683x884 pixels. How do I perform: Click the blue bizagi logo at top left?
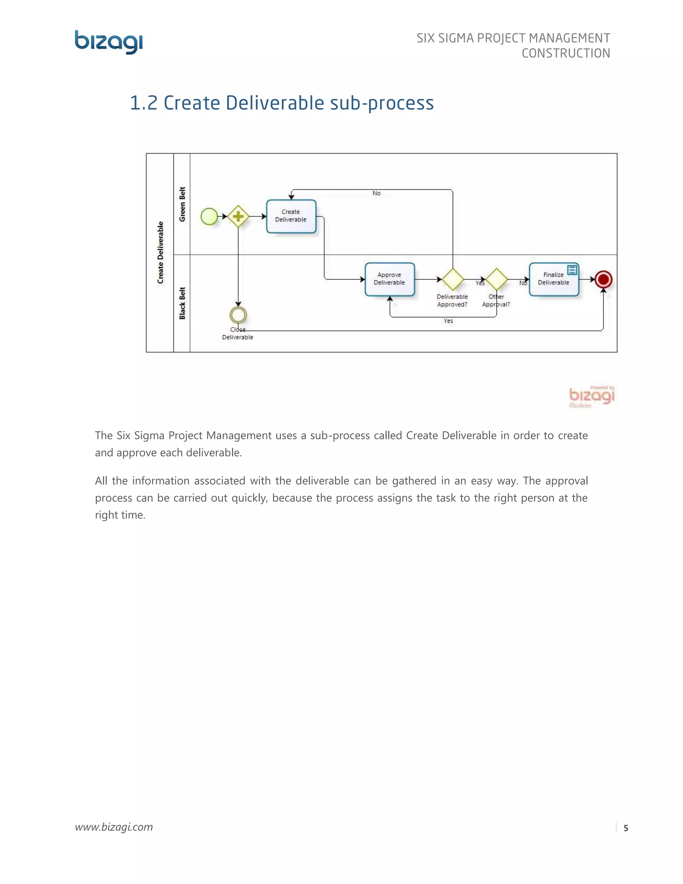(108, 42)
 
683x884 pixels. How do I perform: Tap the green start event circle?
(209, 216)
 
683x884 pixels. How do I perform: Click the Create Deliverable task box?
(291, 216)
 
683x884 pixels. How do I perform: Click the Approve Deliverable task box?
(389, 279)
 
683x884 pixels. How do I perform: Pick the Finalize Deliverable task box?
(553, 280)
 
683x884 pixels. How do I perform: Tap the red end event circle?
(603, 279)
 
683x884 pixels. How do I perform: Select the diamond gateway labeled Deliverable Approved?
(452, 279)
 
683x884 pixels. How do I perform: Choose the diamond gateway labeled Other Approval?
(497, 279)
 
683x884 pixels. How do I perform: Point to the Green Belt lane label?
(182, 204)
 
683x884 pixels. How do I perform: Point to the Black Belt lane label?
(182, 303)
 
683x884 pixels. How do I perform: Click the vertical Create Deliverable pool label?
(160, 253)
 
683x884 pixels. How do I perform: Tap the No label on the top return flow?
(376, 193)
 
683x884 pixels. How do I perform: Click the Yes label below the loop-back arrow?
(448, 321)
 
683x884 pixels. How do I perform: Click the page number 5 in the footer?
(626, 828)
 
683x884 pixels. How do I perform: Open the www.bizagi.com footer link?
(114, 827)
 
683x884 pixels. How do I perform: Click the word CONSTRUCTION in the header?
(565, 53)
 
